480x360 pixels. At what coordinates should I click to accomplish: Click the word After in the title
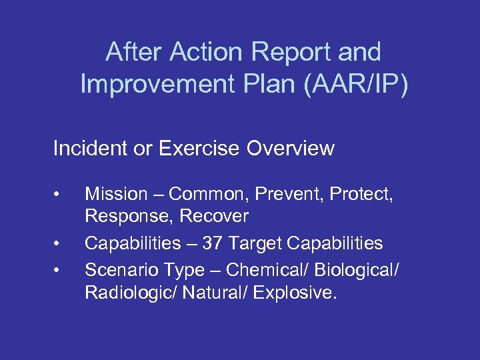(135, 52)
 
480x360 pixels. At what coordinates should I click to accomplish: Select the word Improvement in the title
(151, 84)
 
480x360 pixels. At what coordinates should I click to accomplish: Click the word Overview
(291, 148)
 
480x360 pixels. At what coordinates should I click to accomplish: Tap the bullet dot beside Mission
(60, 195)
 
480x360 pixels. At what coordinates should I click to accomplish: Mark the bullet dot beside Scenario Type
(60, 270)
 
